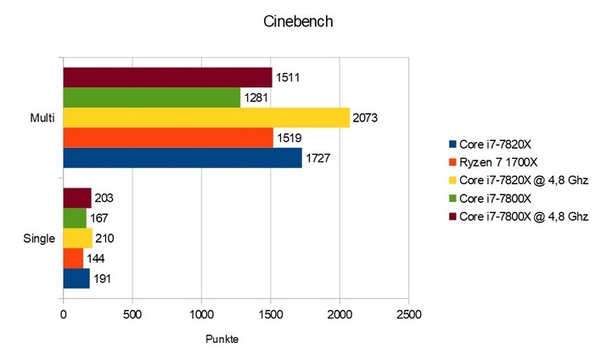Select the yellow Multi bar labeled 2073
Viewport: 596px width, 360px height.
click(x=206, y=118)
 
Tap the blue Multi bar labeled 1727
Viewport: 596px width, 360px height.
click(x=183, y=158)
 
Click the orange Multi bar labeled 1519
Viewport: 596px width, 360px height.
click(x=168, y=138)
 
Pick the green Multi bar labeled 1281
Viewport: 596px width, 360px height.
click(x=152, y=98)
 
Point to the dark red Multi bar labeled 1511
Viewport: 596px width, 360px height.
click(x=167, y=78)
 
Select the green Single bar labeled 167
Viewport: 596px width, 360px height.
click(x=75, y=218)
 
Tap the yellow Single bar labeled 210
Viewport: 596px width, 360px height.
click(x=77, y=238)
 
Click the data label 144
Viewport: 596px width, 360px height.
click(x=96, y=258)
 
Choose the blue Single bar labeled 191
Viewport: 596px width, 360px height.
click(x=76, y=278)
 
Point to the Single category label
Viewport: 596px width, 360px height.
click(x=39, y=239)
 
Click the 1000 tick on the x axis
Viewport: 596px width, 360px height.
click(x=201, y=312)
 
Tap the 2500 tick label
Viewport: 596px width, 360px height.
click(x=408, y=312)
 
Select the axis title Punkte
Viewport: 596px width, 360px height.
click(x=222, y=339)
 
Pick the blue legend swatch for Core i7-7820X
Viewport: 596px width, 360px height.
click(x=452, y=143)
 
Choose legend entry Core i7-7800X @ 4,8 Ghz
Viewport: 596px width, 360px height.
click(x=523, y=217)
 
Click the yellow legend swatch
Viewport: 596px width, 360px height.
click(x=452, y=180)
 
